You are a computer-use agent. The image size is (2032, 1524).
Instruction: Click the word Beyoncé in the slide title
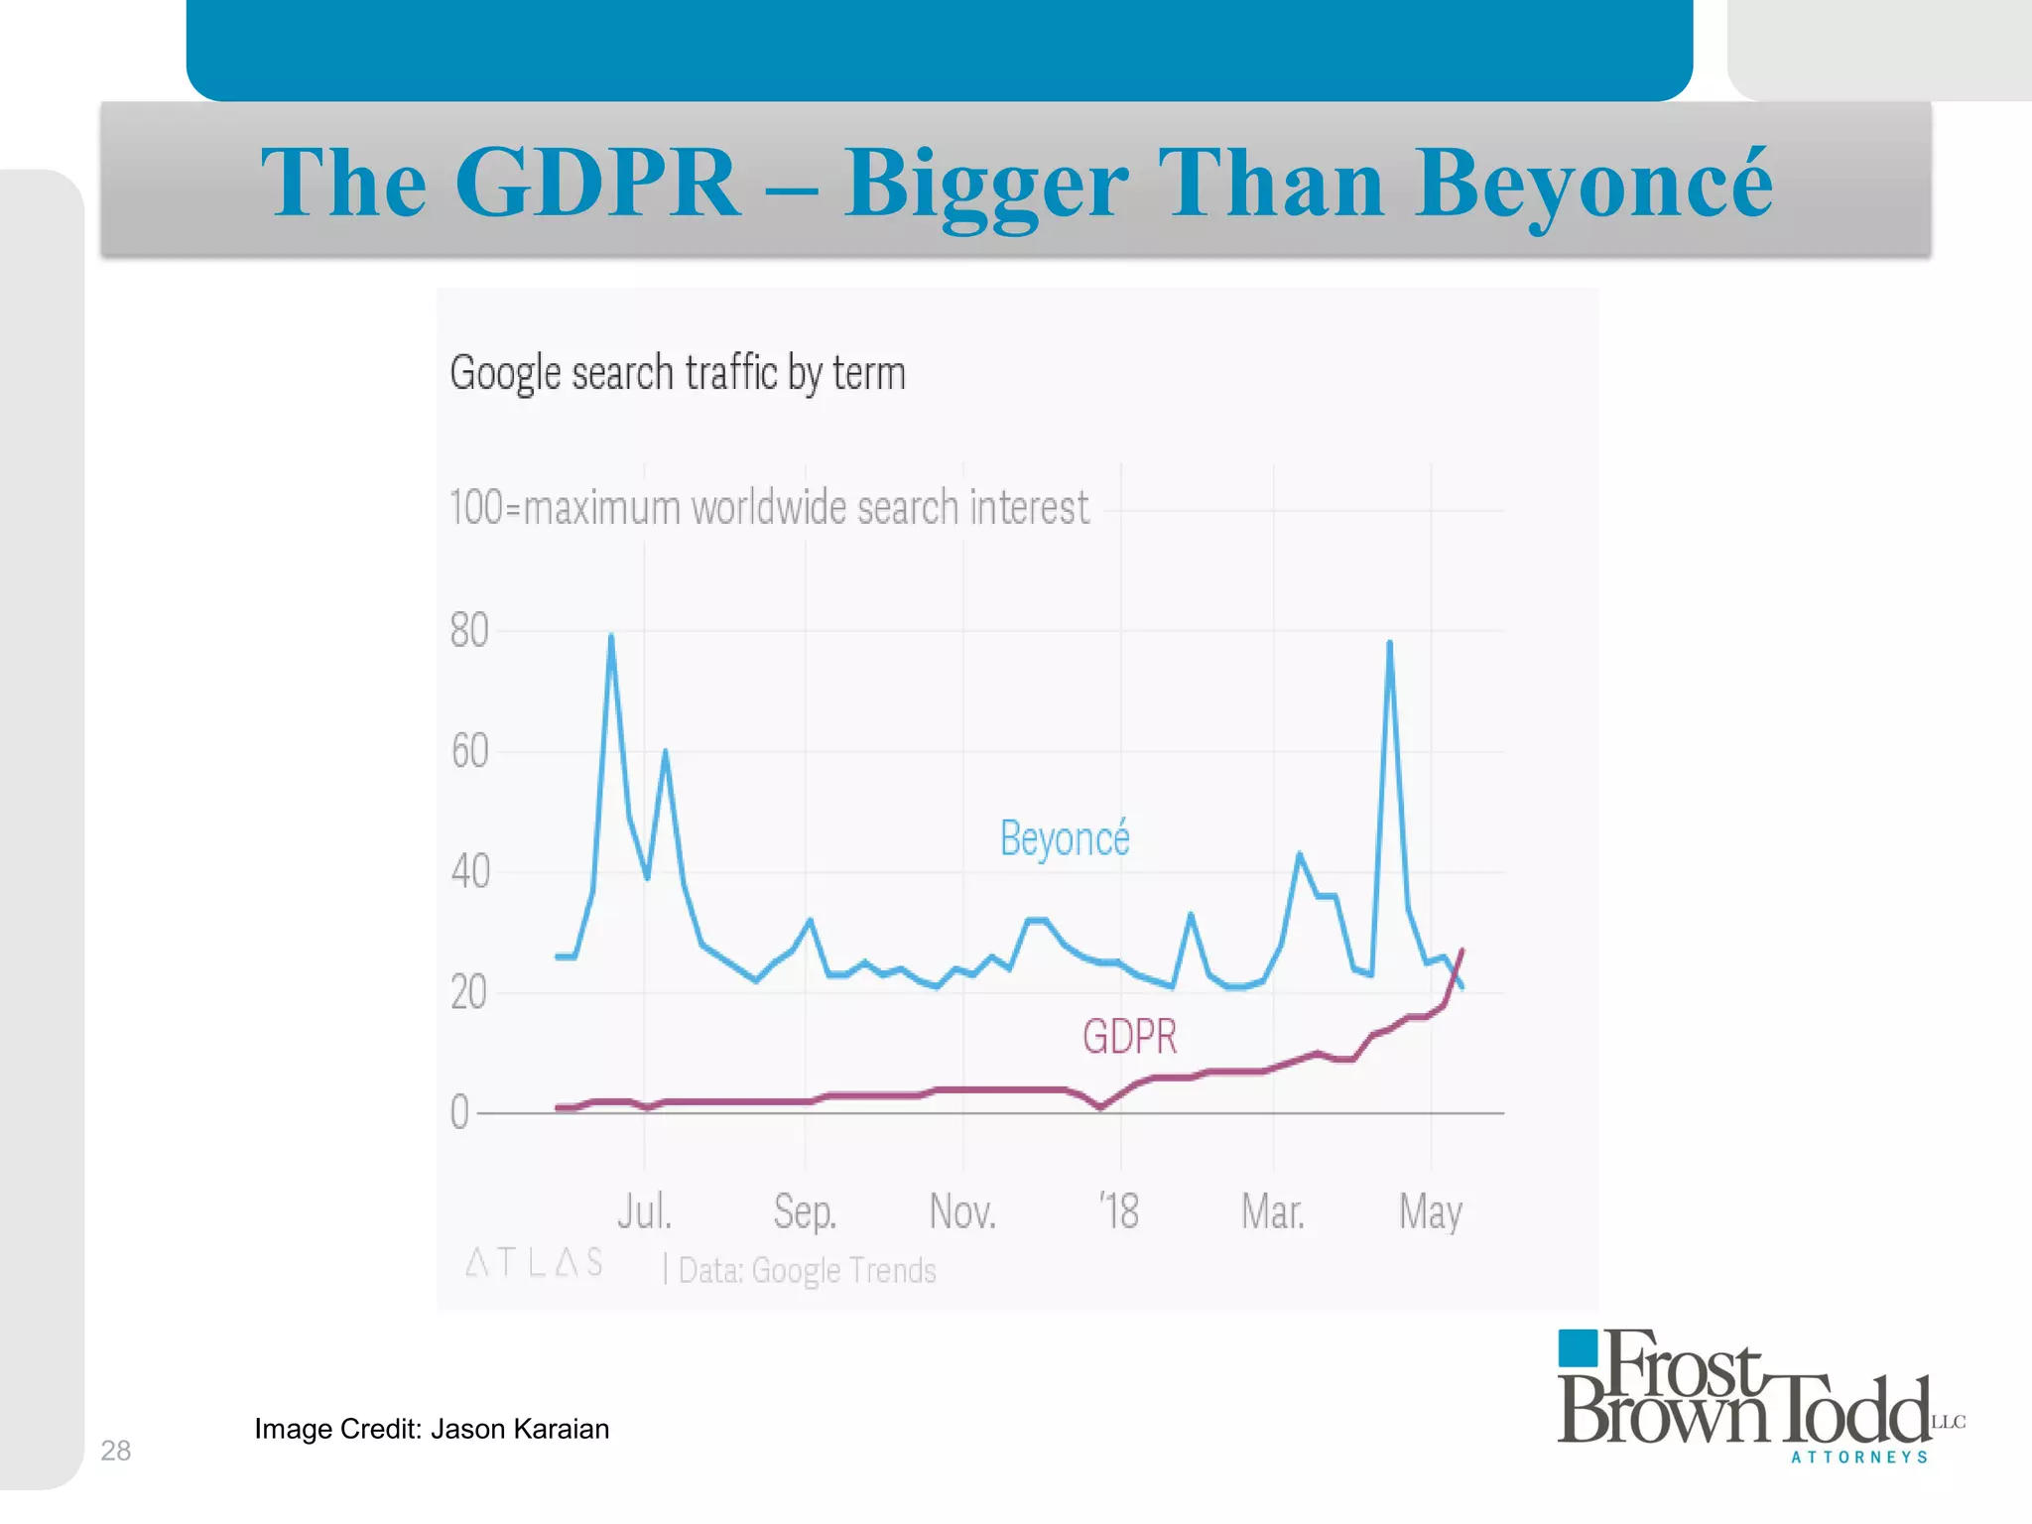click(1593, 184)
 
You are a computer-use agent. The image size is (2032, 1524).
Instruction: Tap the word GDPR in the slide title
click(597, 184)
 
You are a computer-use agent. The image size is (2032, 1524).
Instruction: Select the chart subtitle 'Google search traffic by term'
click(678, 374)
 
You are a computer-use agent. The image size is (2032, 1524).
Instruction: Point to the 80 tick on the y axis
click(469, 631)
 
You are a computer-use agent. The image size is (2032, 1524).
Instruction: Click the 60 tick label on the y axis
click(469, 752)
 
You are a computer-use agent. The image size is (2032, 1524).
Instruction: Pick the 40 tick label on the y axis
click(469, 872)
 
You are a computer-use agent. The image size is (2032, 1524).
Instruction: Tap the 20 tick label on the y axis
click(468, 993)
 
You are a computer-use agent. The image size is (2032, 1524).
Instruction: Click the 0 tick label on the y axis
click(459, 1112)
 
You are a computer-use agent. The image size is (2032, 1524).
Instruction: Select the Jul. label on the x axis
click(644, 1211)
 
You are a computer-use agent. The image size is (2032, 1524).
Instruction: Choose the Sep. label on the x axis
click(805, 1211)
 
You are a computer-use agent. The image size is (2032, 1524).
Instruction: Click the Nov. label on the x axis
click(962, 1211)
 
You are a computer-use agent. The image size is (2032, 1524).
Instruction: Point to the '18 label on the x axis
click(1119, 1211)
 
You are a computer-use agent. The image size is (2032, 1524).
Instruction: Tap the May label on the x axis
click(1430, 1212)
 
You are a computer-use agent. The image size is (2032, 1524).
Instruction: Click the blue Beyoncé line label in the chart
click(1064, 839)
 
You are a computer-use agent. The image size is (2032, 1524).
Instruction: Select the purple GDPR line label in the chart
click(1129, 1037)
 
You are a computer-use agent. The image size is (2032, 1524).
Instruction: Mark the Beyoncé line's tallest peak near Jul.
click(611, 637)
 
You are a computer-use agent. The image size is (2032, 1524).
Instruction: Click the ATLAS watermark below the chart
click(534, 1263)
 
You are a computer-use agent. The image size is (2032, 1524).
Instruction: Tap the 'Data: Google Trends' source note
click(807, 1270)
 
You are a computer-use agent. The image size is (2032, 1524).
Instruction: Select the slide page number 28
click(116, 1451)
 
